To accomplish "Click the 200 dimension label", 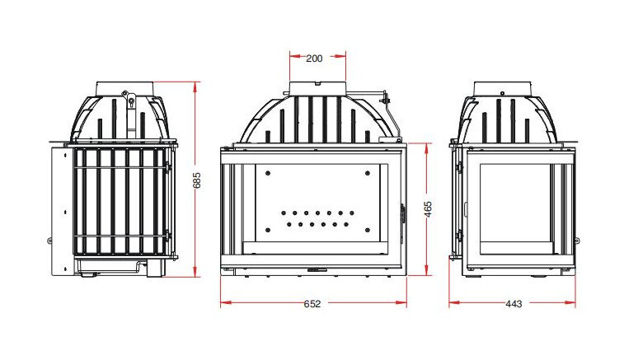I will pyautogui.click(x=314, y=58).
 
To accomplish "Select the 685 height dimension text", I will pyautogui.click(x=197, y=180).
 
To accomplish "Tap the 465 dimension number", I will pyautogui.click(x=428, y=210).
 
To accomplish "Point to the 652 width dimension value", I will pyautogui.click(x=312, y=304).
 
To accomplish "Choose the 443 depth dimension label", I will pyautogui.click(x=513, y=304).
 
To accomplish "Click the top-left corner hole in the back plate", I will pyautogui.click(x=266, y=173).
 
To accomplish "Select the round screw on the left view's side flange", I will pyautogui.click(x=50, y=241).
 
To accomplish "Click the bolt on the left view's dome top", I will pyautogui.click(x=130, y=102).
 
